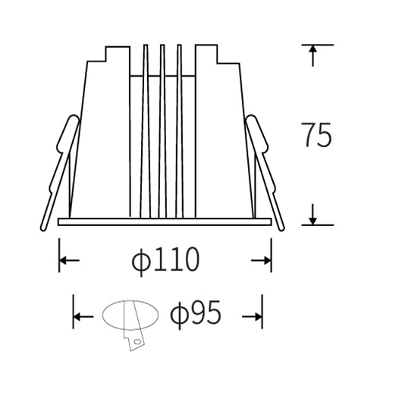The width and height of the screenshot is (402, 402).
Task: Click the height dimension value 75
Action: [x=316, y=135]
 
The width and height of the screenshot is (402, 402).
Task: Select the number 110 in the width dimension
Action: [x=177, y=260]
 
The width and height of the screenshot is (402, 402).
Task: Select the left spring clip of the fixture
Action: [x=58, y=171]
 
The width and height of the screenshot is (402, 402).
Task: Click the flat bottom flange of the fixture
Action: [x=165, y=222]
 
